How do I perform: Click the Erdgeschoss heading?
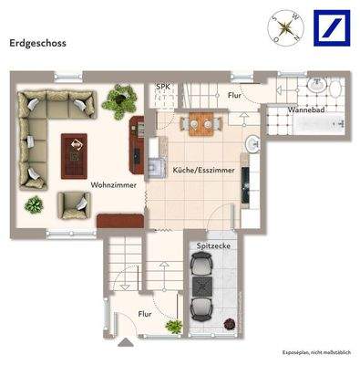click(x=37, y=42)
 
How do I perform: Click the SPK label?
click(x=163, y=87)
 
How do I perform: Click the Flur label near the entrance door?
click(x=145, y=315)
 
